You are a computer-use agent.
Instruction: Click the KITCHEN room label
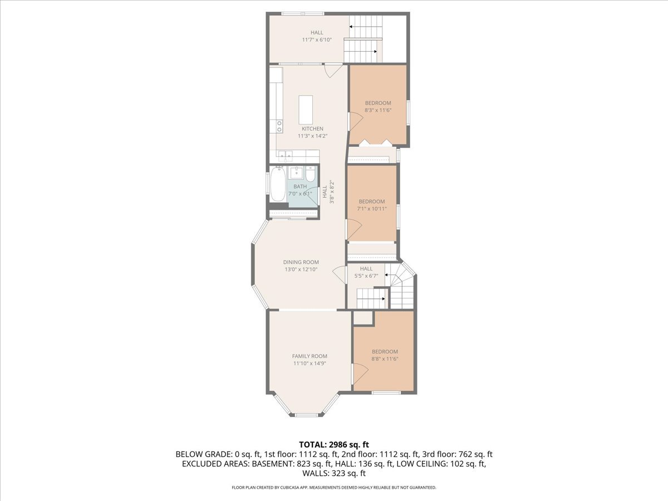click(x=312, y=129)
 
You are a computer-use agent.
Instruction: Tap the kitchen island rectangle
click(x=306, y=110)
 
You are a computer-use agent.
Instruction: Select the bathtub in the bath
click(x=277, y=186)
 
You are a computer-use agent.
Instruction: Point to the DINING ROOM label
click(x=301, y=262)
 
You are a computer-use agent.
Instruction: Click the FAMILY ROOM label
click(x=310, y=356)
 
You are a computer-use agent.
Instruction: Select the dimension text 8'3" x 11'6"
click(x=378, y=110)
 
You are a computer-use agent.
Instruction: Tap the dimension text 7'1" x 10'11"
click(x=371, y=209)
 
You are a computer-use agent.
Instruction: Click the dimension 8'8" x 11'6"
click(x=385, y=359)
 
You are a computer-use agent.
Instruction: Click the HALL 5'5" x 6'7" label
click(x=366, y=272)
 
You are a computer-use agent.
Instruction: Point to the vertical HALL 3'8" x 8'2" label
click(x=328, y=191)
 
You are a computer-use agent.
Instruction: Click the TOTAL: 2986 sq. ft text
click(x=334, y=444)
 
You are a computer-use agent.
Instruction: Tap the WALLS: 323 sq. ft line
click(x=334, y=474)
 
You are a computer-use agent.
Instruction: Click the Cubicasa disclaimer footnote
click(x=334, y=488)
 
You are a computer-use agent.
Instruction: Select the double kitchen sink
click(x=286, y=156)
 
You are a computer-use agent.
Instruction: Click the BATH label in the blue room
click(x=300, y=186)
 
